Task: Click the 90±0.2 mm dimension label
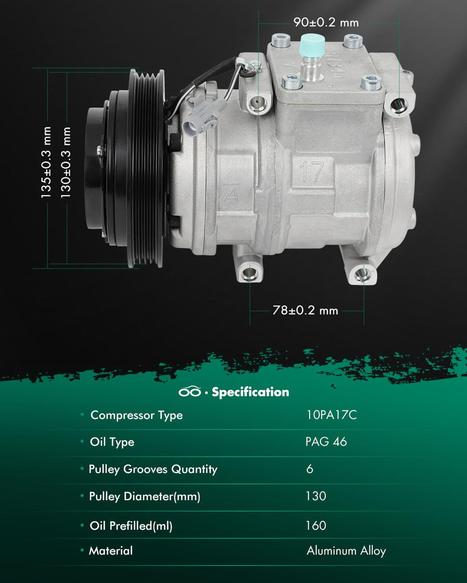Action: [326, 22]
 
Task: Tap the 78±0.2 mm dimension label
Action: [305, 310]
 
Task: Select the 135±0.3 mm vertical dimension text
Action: [46, 162]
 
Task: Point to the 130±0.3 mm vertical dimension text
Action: [65, 162]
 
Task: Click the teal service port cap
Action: [312, 45]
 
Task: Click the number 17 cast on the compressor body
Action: [312, 171]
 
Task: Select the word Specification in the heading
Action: [250, 392]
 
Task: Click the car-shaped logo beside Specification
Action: [190, 392]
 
